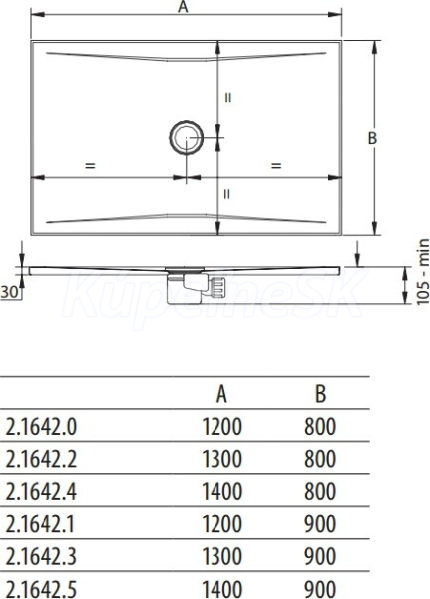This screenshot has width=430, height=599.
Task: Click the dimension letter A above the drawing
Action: point(184,6)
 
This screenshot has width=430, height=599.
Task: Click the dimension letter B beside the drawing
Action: point(372,138)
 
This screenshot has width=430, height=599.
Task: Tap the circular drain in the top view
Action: point(186,137)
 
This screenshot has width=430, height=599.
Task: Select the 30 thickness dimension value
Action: point(9,293)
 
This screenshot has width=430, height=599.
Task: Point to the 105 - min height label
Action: point(423,272)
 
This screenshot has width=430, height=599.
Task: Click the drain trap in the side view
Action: point(196,286)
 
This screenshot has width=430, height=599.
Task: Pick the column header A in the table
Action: point(221,394)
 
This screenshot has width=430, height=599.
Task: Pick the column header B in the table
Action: point(321,394)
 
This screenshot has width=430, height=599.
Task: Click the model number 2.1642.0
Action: point(41,427)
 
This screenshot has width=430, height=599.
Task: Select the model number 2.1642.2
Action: point(41,459)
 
